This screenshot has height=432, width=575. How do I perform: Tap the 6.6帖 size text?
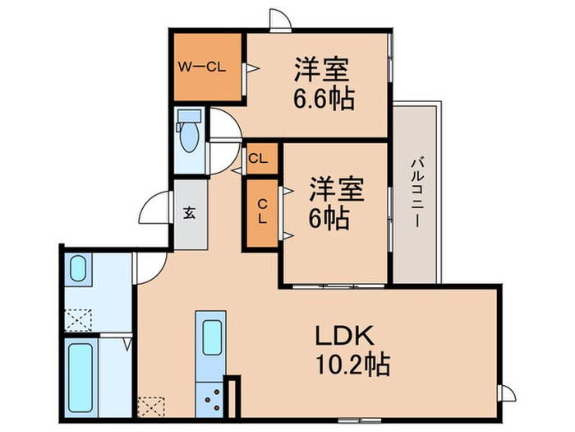[320, 100]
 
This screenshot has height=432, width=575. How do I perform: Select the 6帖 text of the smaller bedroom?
[329, 218]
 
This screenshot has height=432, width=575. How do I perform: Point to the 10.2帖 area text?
[352, 363]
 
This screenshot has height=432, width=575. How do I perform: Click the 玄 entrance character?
[189, 213]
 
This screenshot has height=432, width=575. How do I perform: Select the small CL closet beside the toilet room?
[256, 158]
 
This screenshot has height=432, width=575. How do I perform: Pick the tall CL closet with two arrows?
[262, 212]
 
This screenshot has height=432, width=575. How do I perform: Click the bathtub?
[80, 374]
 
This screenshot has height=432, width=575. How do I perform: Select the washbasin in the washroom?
[78, 269]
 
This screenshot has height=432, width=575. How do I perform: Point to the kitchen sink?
[212, 337]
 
